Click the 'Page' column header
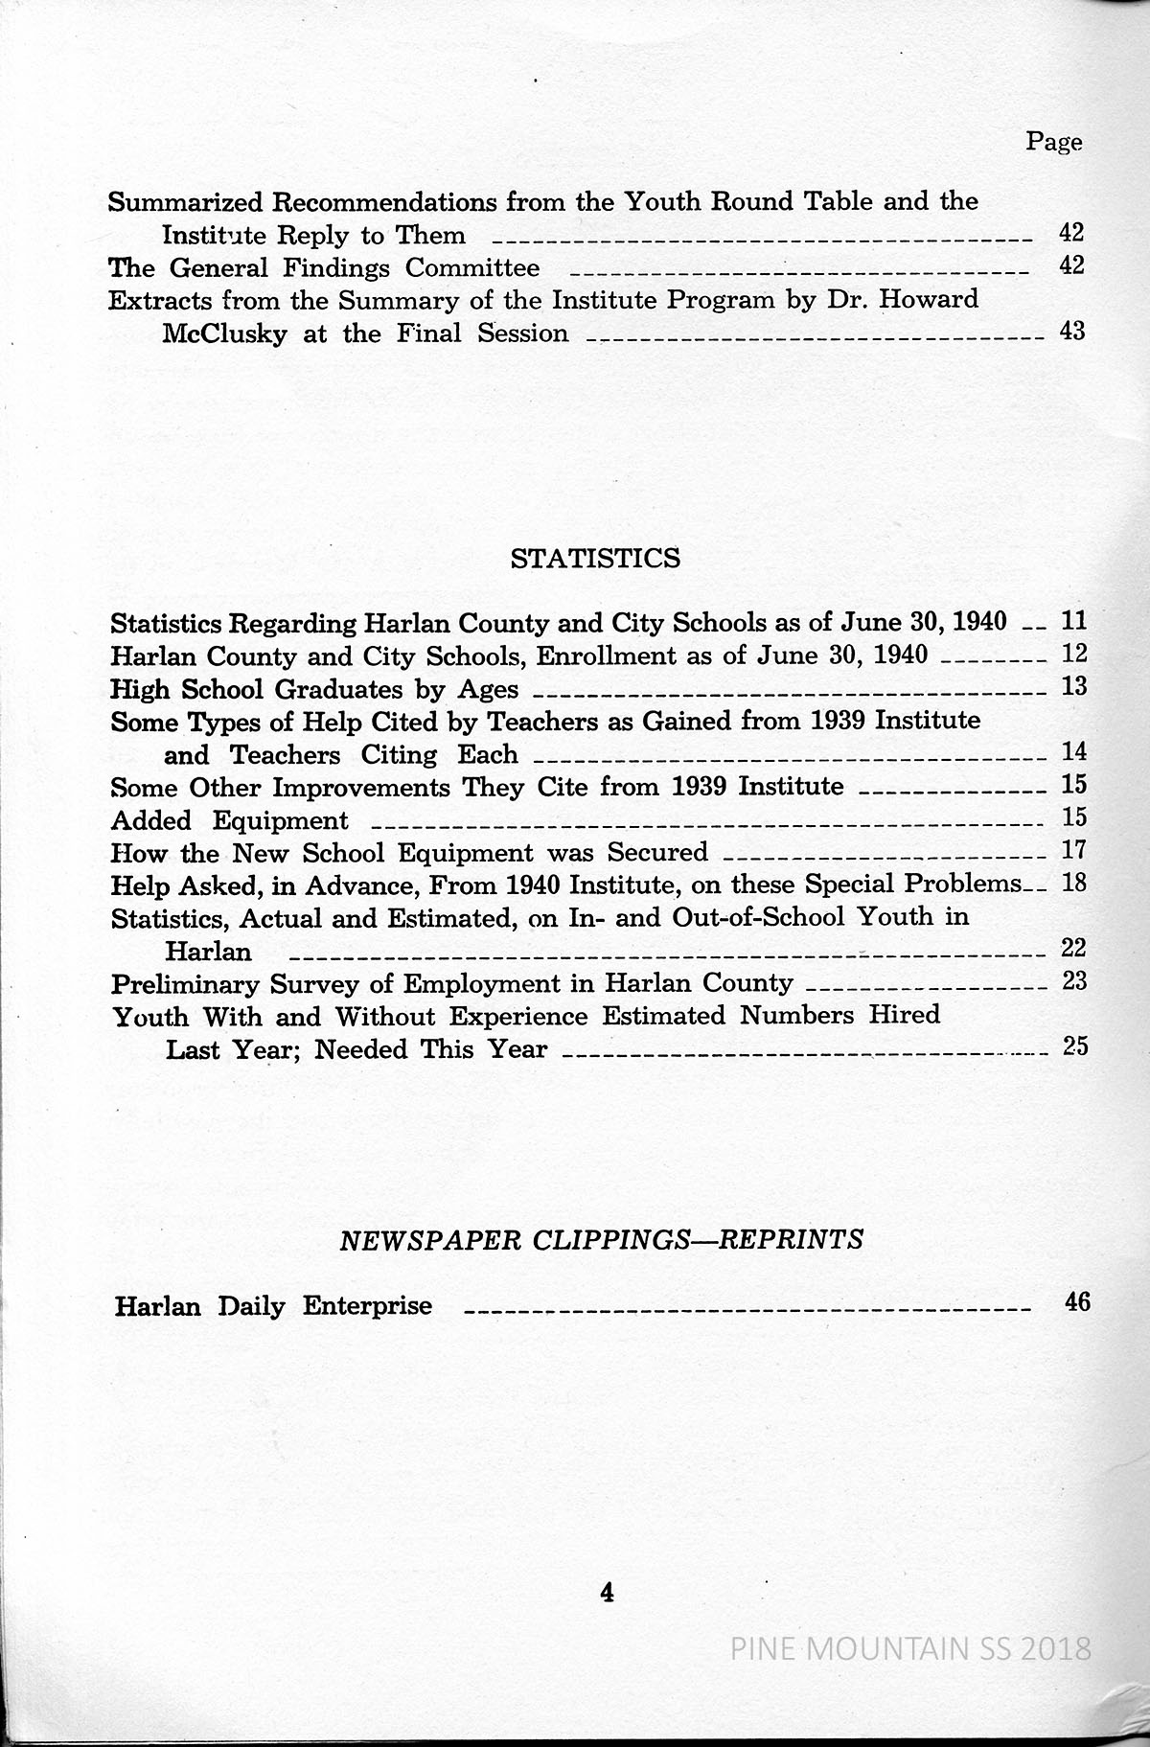click(1053, 142)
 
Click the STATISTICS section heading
click(596, 559)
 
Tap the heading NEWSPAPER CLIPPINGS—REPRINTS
click(602, 1240)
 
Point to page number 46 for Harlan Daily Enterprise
click(1077, 1302)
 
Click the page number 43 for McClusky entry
click(1072, 332)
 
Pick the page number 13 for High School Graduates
click(1075, 686)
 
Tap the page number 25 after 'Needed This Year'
click(1075, 1046)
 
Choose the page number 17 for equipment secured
click(1075, 850)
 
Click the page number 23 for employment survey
click(1075, 981)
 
